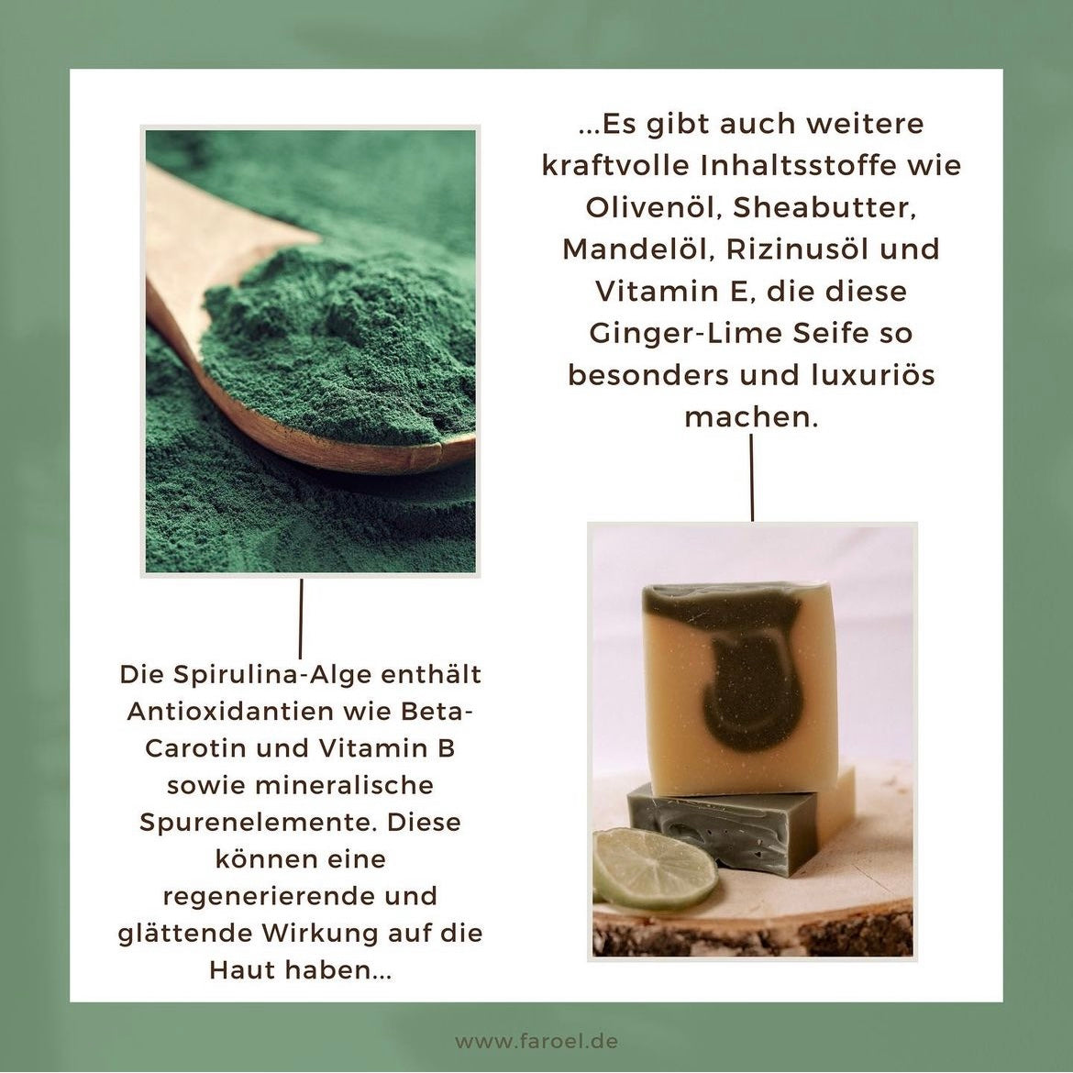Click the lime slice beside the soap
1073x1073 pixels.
(653, 868)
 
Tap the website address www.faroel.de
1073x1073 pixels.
(536, 1041)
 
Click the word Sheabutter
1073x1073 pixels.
(824, 207)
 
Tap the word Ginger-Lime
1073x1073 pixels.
(686, 334)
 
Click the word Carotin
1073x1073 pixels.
(195, 748)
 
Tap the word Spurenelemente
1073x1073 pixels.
(257, 823)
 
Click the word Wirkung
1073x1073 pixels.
(316, 934)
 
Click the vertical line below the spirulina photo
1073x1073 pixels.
(301, 619)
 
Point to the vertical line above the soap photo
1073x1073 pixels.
(751, 478)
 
